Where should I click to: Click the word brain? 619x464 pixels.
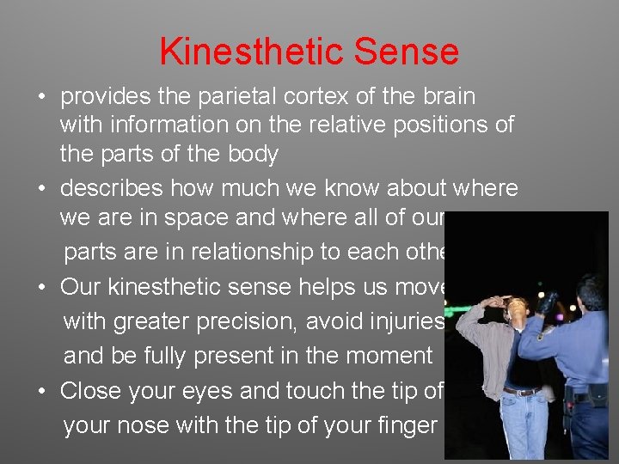pyautogui.click(x=445, y=97)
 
